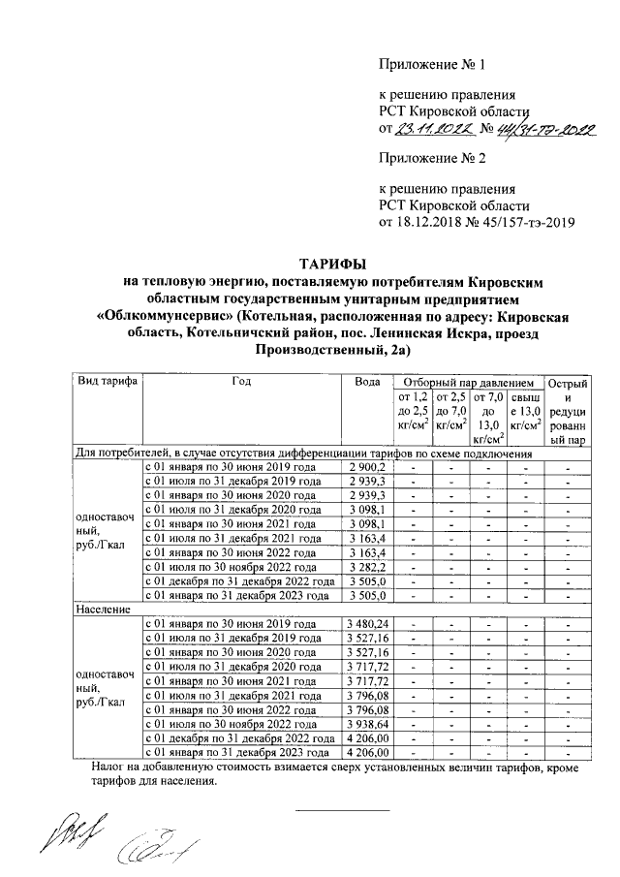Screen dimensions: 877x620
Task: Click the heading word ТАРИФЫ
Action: (x=330, y=264)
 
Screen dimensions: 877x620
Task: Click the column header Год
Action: (x=242, y=382)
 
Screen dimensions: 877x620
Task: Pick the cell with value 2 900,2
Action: (x=368, y=467)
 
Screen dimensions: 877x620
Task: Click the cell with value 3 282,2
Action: (x=368, y=567)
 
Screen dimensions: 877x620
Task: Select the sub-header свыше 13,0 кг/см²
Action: (x=525, y=411)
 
